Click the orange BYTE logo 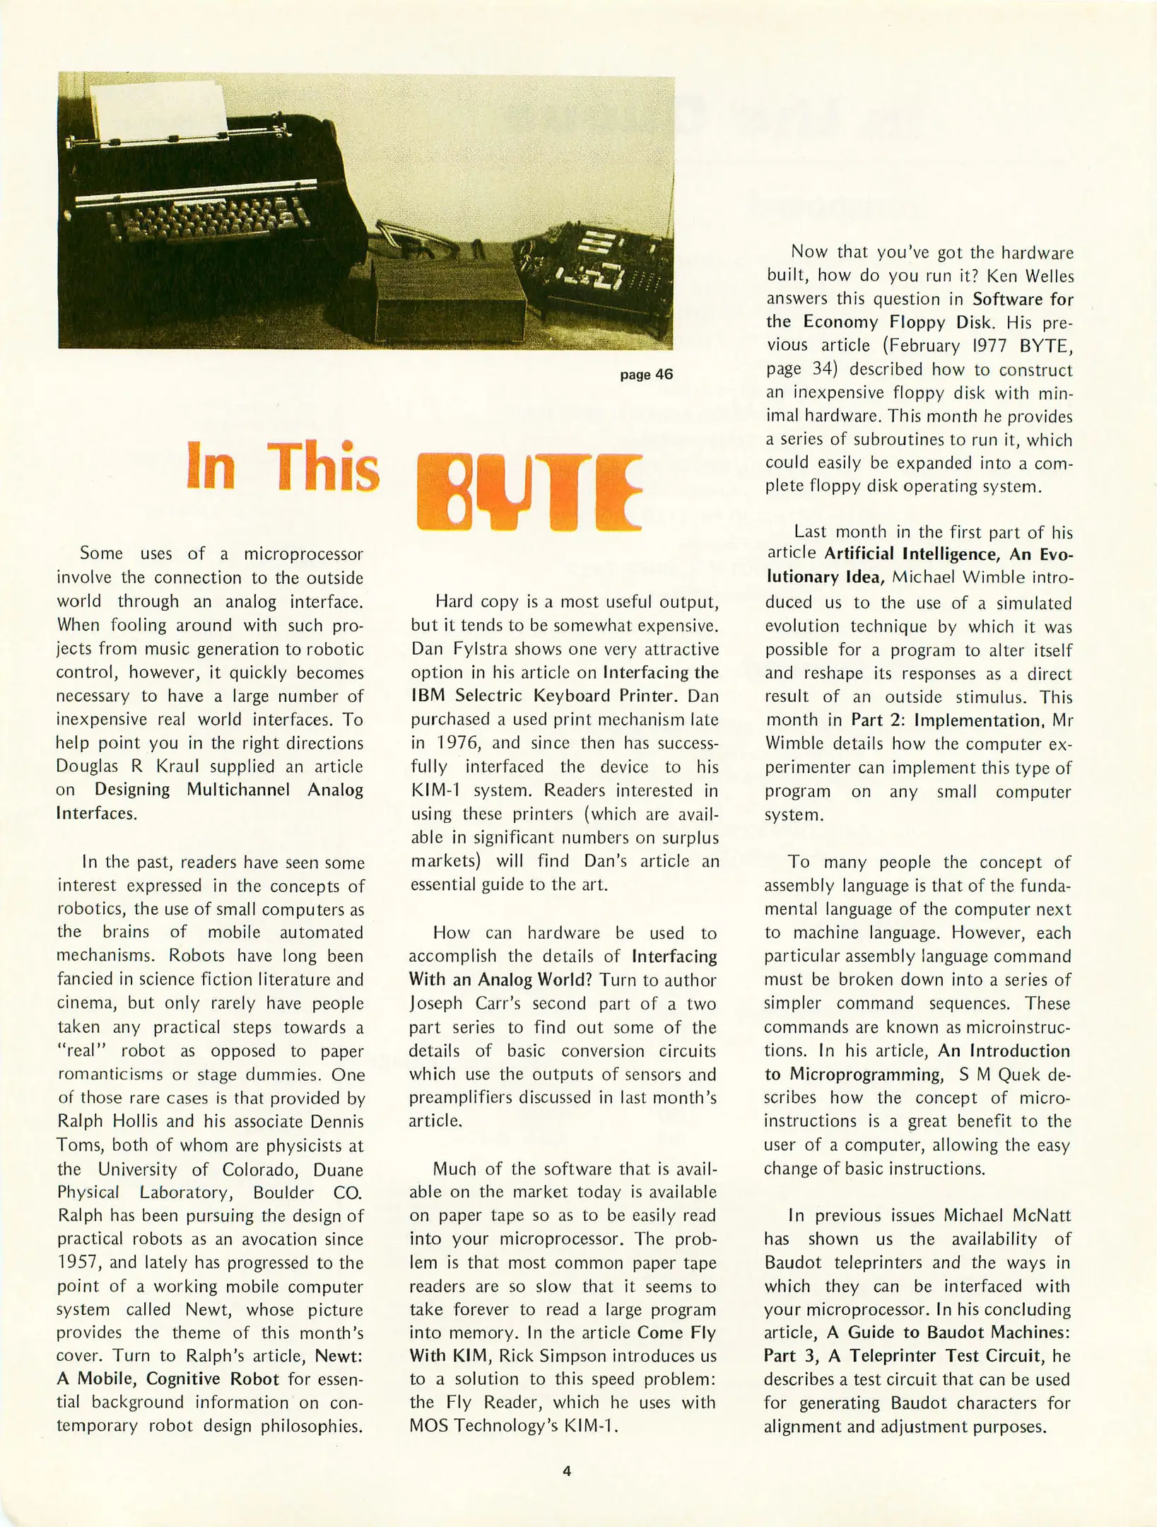529,491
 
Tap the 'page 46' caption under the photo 646,375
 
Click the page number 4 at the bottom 566,1471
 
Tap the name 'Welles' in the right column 1046,276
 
